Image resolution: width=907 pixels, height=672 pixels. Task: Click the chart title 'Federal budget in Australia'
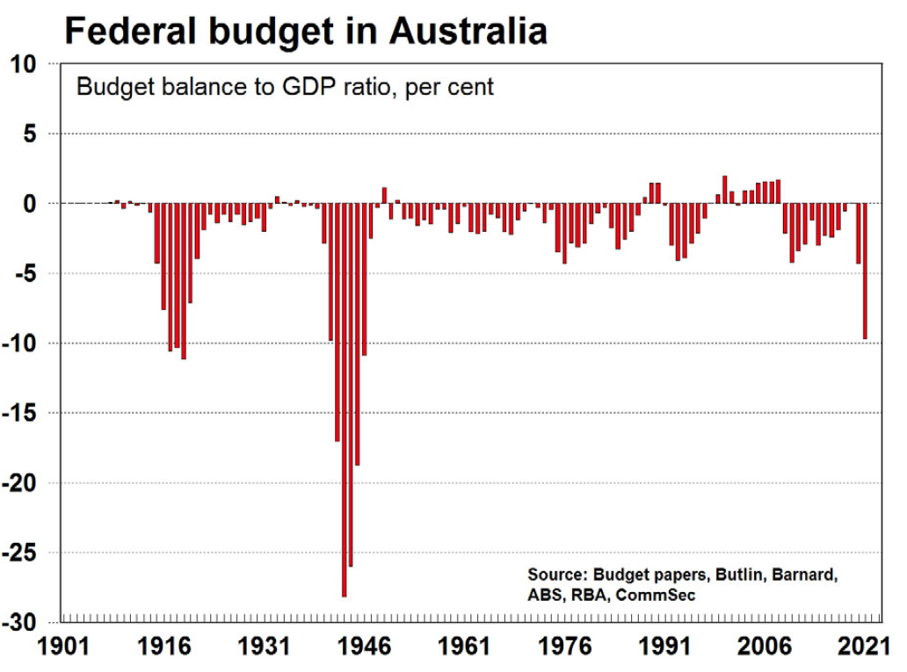pyautogui.click(x=306, y=32)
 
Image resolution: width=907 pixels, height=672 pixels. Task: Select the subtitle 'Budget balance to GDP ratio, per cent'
pyautogui.click(x=286, y=88)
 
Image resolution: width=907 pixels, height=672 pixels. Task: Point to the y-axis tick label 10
pyautogui.click(x=25, y=64)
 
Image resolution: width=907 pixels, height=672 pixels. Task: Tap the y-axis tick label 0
pyautogui.click(x=30, y=204)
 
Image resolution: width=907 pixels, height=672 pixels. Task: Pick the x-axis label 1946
pyautogui.click(x=366, y=648)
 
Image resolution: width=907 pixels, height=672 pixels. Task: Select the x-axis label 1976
pyautogui.click(x=565, y=648)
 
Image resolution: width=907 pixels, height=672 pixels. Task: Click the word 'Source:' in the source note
pyautogui.click(x=557, y=575)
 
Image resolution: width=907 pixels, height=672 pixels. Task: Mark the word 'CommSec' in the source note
pyautogui.click(x=659, y=596)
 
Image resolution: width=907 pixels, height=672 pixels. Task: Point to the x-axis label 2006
pyautogui.click(x=765, y=648)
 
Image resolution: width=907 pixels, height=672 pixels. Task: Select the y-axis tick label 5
pyautogui.click(x=30, y=134)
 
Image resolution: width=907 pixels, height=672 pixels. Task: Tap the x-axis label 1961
pyautogui.click(x=466, y=648)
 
